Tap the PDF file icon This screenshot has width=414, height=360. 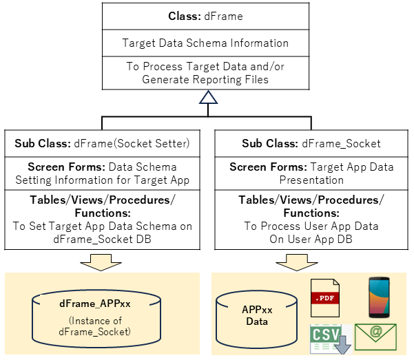(x=325, y=298)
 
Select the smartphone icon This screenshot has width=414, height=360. (x=379, y=297)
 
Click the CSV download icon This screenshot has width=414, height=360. (x=331, y=339)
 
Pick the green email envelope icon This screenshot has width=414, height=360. (x=375, y=337)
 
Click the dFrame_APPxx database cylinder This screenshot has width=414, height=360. (x=96, y=319)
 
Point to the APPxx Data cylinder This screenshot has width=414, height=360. (x=257, y=319)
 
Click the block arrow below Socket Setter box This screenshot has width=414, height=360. (x=101, y=262)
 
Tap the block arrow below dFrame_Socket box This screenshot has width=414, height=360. (x=297, y=262)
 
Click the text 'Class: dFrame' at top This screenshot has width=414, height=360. (x=205, y=17)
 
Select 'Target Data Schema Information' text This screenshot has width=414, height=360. (x=205, y=43)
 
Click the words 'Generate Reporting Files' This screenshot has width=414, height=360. (x=205, y=79)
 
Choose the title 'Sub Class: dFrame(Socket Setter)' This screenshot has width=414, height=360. (x=102, y=144)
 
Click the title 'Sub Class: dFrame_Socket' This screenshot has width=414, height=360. (x=311, y=144)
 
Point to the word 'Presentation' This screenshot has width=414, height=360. (x=311, y=180)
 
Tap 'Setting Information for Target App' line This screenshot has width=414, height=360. (x=103, y=180)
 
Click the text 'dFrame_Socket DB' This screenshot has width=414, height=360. (x=102, y=240)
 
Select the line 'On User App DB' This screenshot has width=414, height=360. (x=311, y=240)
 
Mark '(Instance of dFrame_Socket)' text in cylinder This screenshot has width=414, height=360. (x=95, y=326)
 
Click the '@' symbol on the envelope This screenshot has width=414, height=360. (x=376, y=330)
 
